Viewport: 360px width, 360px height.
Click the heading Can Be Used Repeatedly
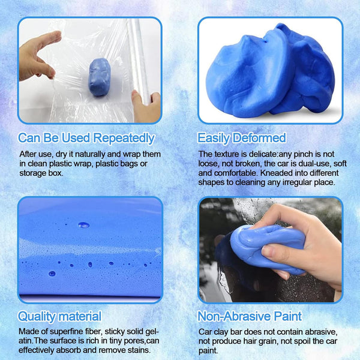(x=86, y=138)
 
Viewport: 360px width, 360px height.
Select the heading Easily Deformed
(x=242, y=138)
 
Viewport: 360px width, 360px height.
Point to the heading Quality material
(x=59, y=316)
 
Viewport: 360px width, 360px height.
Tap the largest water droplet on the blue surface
(x=83, y=225)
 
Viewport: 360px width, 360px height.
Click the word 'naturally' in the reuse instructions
(x=95, y=154)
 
